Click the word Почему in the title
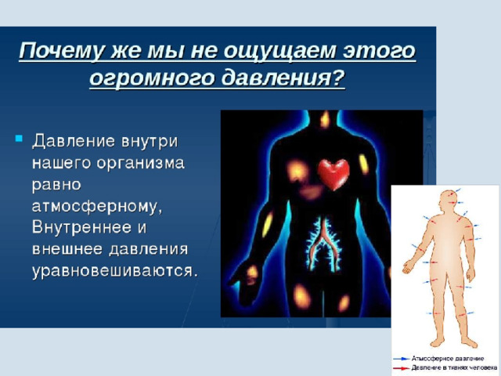[61, 51]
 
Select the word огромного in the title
[151, 78]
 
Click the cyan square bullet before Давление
[19, 139]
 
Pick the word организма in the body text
[141, 164]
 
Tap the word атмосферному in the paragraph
[97, 207]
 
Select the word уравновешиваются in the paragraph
[115, 272]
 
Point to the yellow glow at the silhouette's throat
[325, 120]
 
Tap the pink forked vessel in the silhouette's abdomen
[324, 242]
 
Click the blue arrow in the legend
[402, 359]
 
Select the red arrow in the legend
[402, 368]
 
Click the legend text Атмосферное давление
[447, 359]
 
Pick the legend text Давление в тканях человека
[454, 368]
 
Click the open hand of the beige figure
[407, 266]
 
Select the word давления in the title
[283, 78]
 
